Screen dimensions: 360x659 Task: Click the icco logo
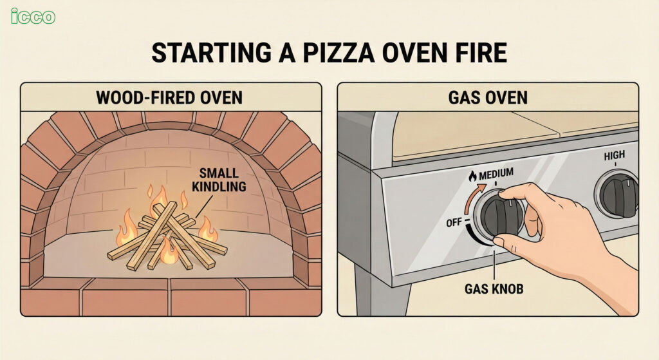pos(33,16)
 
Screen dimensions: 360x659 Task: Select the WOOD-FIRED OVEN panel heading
pos(170,97)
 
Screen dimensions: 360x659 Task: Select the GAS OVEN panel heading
pos(487,97)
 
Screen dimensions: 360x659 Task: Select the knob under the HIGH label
pos(617,195)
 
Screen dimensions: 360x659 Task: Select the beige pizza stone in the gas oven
pos(463,138)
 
